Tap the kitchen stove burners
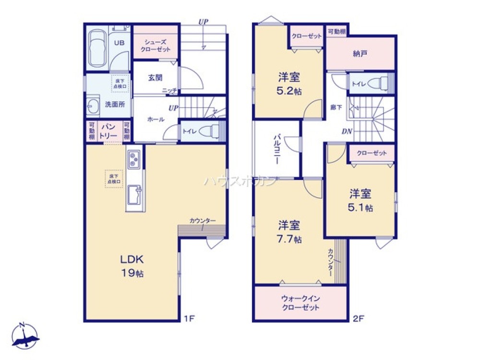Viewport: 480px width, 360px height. tap(133, 159)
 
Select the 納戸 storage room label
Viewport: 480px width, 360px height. tap(360, 54)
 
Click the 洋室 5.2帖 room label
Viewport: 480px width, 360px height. tap(289, 84)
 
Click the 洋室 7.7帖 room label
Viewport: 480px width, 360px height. tap(289, 231)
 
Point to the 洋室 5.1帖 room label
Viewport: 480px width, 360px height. tap(360, 200)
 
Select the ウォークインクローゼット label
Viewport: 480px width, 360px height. tap(300, 303)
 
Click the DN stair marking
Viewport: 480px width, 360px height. tap(348, 131)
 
